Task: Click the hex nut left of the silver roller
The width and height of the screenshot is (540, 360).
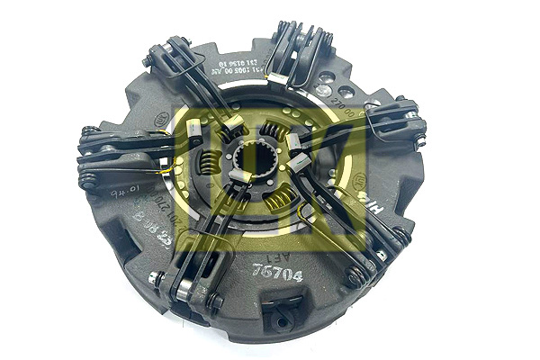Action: click(x=157, y=279)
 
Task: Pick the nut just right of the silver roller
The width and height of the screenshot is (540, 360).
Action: click(x=213, y=302)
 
